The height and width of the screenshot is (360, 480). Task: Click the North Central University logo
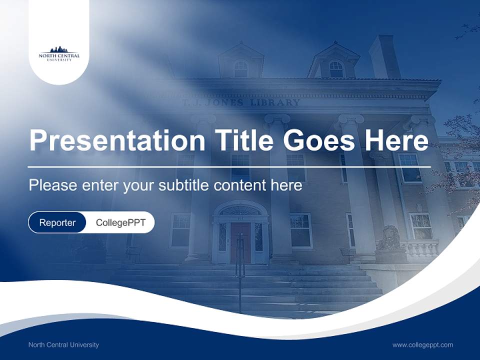(59, 53)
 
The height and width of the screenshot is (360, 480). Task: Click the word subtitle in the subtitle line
(184, 185)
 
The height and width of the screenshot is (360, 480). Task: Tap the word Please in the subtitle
(50, 185)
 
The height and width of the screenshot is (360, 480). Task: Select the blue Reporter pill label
(57, 222)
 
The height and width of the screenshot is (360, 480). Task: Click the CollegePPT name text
(120, 222)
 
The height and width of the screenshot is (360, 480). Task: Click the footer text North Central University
(63, 344)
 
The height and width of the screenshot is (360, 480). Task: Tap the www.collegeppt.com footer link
(422, 344)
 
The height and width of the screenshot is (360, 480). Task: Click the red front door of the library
(240, 243)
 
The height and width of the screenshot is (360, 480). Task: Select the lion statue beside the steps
(389, 239)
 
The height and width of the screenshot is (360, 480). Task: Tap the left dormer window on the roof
(241, 68)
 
